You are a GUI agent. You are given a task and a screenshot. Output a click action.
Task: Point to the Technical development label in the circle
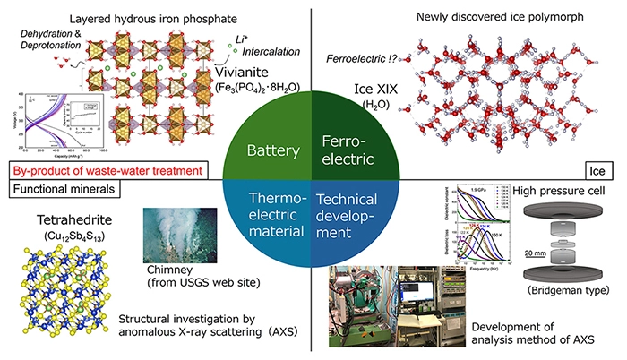click(x=352, y=215)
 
